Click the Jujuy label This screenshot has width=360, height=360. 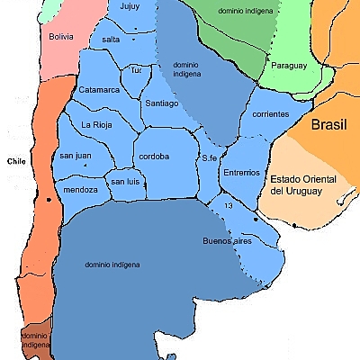(x=130, y=7)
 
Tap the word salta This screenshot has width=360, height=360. (x=111, y=40)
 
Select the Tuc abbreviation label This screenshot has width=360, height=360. (x=137, y=69)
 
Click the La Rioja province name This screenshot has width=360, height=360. (x=97, y=124)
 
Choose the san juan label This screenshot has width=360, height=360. (x=76, y=156)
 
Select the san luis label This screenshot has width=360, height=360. (x=125, y=182)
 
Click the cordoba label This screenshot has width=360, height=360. (x=155, y=156)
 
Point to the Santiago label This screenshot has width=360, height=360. (x=162, y=103)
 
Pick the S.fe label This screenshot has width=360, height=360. (x=210, y=158)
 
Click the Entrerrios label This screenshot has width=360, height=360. (x=241, y=171)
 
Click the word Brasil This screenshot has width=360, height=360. (x=328, y=125)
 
